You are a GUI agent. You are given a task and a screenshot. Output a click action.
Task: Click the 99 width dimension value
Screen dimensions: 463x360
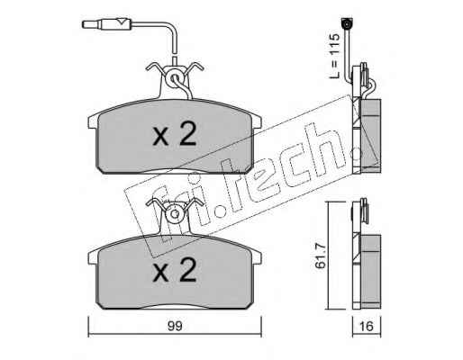pos(175,326)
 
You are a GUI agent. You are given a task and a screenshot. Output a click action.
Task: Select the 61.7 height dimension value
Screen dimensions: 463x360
pos(321,256)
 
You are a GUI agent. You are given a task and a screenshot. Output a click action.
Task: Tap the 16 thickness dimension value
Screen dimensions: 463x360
pos(366,326)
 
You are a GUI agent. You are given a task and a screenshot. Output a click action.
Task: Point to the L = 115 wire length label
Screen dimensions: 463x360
pos(334,56)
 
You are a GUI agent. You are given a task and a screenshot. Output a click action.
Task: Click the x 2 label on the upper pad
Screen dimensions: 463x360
pos(175,134)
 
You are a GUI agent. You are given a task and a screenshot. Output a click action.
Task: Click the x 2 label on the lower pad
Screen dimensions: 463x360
pos(175,270)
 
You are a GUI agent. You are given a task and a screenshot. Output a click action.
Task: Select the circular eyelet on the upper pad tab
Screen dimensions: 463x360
pos(174,79)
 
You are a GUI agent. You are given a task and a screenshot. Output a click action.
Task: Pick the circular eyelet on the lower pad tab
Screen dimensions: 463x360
pos(174,214)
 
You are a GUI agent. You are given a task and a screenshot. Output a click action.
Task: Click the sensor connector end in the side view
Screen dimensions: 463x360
pos(347,23)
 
